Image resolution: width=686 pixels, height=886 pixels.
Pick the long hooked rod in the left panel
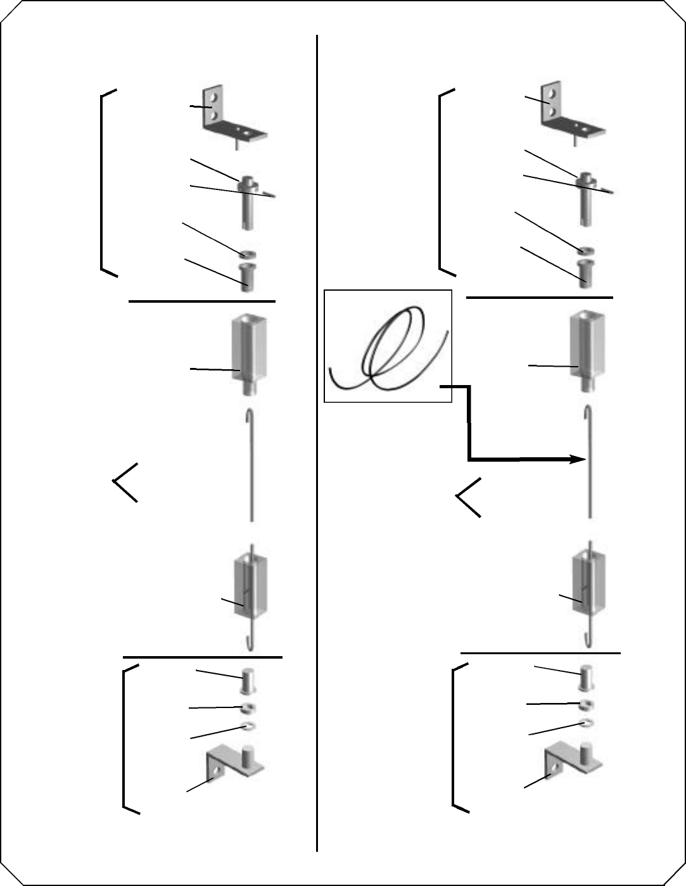253,465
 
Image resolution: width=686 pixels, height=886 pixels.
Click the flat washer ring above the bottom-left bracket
248,726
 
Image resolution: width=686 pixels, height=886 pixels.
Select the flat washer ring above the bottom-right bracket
586,723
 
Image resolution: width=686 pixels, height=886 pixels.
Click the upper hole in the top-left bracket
216,99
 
